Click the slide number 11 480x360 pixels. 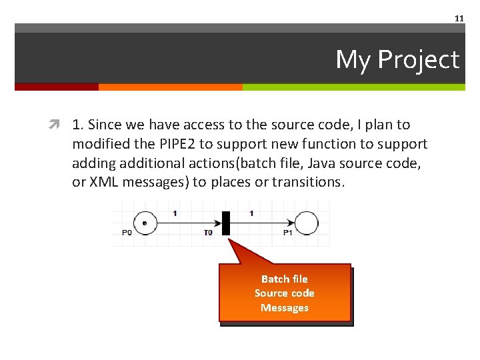[459, 19]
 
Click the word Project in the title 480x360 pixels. [418, 60]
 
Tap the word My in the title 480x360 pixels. [353, 60]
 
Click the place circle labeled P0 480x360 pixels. [145, 222]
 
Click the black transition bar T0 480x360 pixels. [225, 223]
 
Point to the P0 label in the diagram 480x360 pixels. [127, 233]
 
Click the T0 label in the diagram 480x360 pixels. [208, 233]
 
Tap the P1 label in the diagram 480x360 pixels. [288, 233]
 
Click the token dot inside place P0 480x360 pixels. [145, 222]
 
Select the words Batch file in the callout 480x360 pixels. [284, 279]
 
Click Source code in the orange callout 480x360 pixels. [284, 293]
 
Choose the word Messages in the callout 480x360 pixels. [284, 308]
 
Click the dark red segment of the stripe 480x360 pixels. [56, 87]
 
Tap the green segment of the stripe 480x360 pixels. [353, 87]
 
